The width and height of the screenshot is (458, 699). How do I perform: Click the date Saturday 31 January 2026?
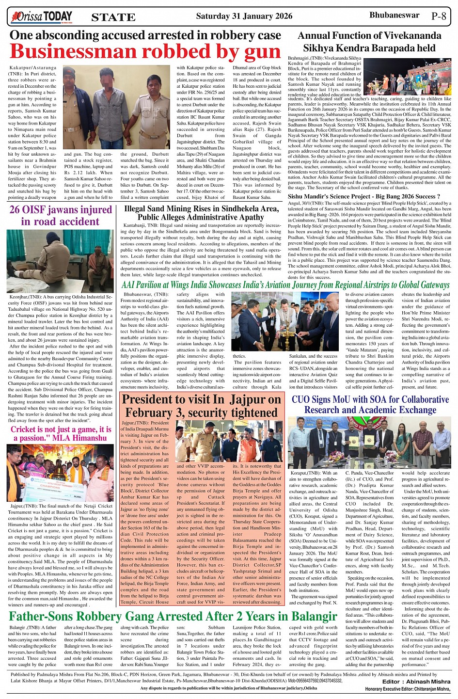(244, 16)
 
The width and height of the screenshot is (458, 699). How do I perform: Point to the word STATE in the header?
(113, 17)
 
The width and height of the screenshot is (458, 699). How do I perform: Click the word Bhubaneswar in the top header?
(394, 15)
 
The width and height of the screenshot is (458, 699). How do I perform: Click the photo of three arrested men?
(116, 107)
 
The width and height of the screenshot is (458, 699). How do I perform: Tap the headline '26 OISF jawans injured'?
(61, 216)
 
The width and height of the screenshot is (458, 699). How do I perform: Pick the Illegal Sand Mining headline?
(201, 213)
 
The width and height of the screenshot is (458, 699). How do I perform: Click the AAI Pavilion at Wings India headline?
(285, 285)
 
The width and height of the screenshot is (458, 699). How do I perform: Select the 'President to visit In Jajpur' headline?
(201, 406)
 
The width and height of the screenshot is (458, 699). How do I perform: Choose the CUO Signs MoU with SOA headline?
(370, 405)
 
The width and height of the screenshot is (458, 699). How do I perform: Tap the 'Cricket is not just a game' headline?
(61, 434)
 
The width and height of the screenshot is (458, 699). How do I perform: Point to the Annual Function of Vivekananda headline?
(369, 42)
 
